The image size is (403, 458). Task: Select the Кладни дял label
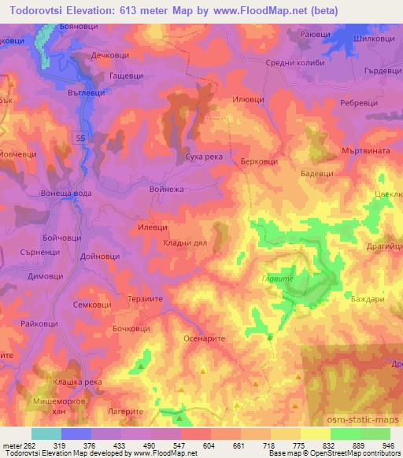click(184, 244)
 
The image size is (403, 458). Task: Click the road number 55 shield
click(81, 138)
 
